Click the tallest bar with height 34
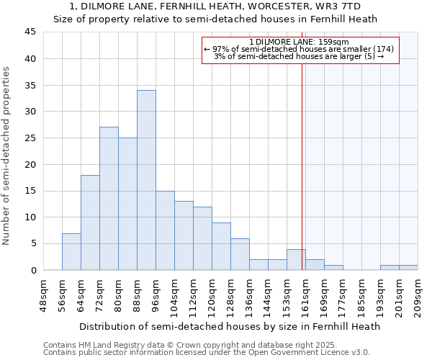(x=146, y=180)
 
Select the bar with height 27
(x=109, y=199)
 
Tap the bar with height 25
(x=127, y=204)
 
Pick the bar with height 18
(x=90, y=222)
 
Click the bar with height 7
(x=71, y=251)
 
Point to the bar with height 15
(x=165, y=230)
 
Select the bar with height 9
(x=221, y=246)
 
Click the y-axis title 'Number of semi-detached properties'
(x=7, y=156)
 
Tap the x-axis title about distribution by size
(x=230, y=326)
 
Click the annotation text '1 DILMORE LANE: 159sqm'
(x=299, y=42)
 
